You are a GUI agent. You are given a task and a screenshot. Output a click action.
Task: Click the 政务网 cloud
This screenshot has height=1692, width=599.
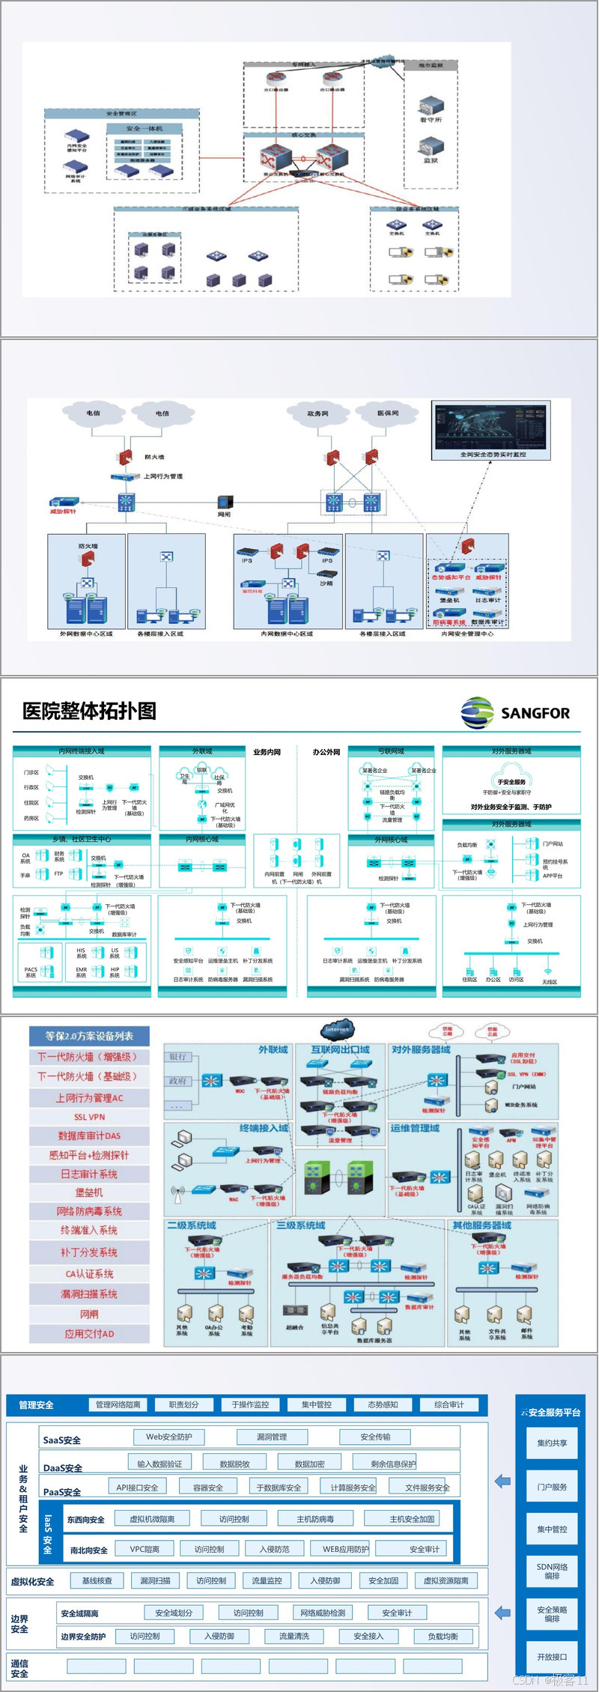[x=317, y=413]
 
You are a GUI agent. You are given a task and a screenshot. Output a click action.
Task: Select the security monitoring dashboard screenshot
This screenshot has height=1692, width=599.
[x=492, y=429]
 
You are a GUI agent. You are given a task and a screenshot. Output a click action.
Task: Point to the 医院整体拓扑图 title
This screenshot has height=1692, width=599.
[x=89, y=711]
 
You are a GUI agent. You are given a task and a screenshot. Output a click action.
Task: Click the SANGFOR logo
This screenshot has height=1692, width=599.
[x=516, y=712]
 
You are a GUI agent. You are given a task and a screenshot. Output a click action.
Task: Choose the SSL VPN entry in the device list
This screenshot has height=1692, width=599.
[x=89, y=1117]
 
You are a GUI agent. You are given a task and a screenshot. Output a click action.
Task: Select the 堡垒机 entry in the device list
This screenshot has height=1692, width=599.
[x=89, y=1192]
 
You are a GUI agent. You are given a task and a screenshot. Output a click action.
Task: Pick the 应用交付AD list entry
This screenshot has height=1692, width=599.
[x=89, y=1334]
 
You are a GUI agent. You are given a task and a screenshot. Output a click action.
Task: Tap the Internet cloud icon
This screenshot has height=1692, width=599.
[x=337, y=1029]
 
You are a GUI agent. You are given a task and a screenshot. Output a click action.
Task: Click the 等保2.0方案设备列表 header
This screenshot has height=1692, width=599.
[x=89, y=1037]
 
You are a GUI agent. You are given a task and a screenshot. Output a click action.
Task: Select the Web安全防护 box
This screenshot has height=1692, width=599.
[x=168, y=1437]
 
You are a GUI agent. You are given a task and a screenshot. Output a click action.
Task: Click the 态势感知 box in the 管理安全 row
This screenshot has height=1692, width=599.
[x=383, y=1405]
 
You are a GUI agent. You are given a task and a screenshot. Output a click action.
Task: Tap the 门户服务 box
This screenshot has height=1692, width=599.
[x=552, y=1487]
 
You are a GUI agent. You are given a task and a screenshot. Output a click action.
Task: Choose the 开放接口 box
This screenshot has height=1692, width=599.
[x=552, y=1657]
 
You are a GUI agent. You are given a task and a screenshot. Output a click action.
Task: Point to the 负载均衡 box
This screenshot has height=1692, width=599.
[x=443, y=1637]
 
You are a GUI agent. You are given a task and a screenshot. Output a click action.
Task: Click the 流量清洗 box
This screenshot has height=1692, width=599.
[x=294, y=1637]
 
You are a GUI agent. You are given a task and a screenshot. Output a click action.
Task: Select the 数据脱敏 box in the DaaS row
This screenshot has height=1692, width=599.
[x=234, y=1464]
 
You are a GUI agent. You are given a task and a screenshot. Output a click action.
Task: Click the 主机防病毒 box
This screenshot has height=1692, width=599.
[x=315, y=1519]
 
